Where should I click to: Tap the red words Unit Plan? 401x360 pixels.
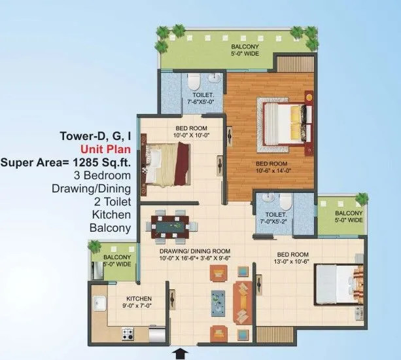(105, 149)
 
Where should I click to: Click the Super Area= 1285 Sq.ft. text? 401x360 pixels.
(66, 162)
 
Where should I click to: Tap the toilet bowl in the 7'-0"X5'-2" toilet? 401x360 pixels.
(281, 200)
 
